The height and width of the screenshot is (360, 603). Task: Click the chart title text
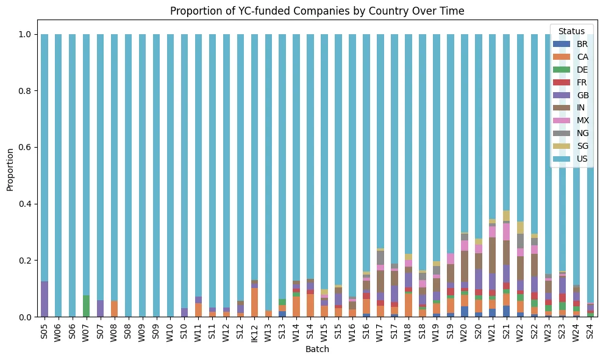click(318, 11)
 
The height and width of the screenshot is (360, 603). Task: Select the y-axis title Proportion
click(10, 175)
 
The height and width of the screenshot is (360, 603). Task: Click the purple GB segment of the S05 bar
click(45, 299)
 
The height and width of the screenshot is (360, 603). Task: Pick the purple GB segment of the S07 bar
click(101, 308)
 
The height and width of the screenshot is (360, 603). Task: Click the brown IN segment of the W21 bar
click(492, 255)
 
